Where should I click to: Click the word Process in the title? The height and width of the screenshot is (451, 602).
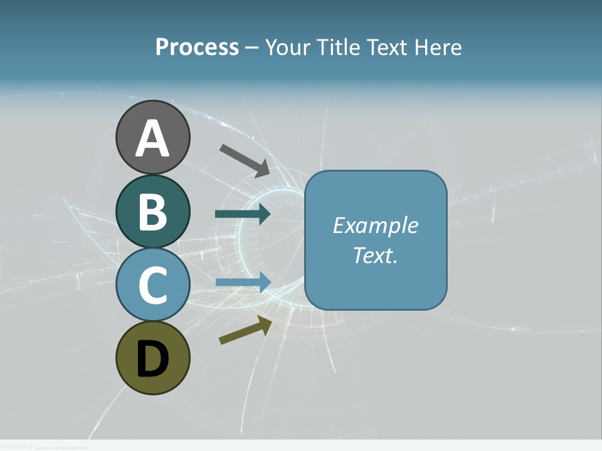pyautogui.click(x=197, y=48)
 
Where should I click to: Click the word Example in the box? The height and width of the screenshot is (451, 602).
pyautogui.click(x=375, y=225)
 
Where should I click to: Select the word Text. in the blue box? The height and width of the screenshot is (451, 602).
pyautogui.click(x=375, y=255)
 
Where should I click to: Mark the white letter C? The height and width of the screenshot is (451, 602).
pyautogui.click(x=152, y=285)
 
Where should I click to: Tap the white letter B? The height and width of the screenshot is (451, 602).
pyautogui.click(x=152, y=212)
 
